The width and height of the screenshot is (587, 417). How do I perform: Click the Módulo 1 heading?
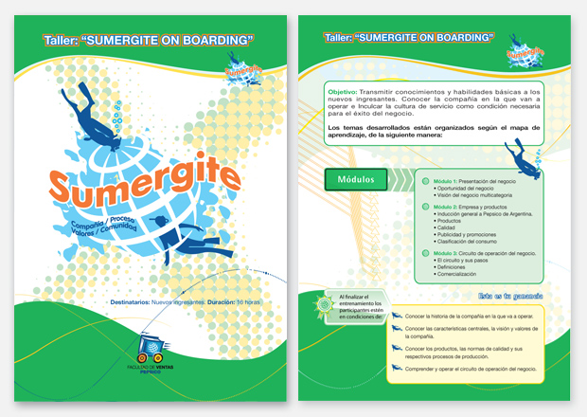pos(453,180)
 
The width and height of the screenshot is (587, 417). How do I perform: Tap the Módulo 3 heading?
pos(453,253)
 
